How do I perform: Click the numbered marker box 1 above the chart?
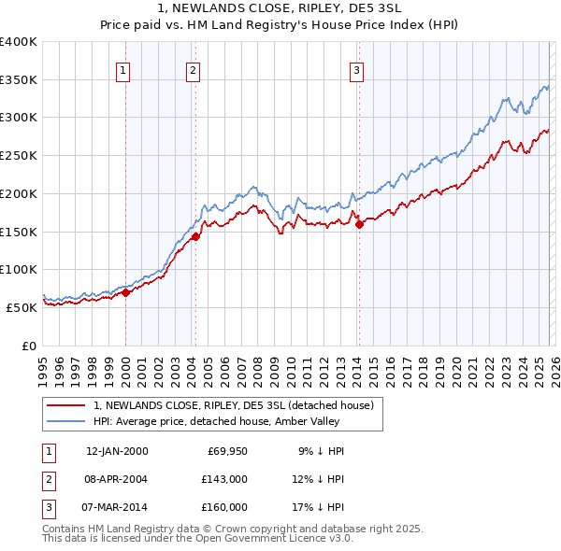coord(124,68)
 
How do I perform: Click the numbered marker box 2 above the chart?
coord(193,68)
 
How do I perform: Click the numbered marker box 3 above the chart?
coord(357,68)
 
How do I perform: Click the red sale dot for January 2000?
coord(125,292)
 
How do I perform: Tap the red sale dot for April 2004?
coord(195,236)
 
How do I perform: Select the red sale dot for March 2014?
coord(359,224)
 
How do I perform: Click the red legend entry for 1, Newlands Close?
coord(234,405)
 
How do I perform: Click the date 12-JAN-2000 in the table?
coord(117,451)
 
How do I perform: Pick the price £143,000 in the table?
coord(225,479)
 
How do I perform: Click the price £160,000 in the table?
coord(225,507)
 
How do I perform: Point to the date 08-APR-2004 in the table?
coord(117,479)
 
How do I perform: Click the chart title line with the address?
coord(280,11)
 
